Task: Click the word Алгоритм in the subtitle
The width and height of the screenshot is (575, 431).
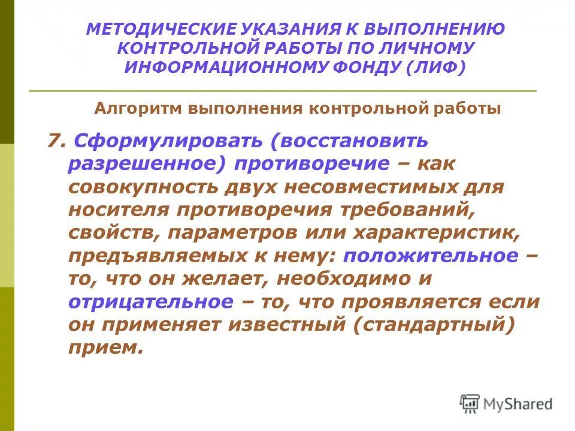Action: (139, 108)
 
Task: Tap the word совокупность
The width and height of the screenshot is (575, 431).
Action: (147, 186)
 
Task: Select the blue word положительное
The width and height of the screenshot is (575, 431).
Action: (430, 255)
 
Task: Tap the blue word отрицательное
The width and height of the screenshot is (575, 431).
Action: (150, 301)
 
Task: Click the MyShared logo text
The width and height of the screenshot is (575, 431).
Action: (518, 404)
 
